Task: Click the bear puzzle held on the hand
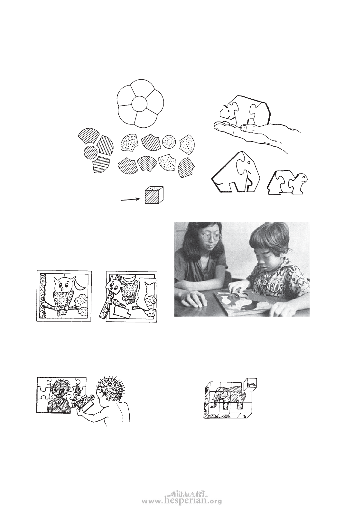pos(245,110)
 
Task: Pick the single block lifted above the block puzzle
pos(251,384)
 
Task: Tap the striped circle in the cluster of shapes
pos(91,152)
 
